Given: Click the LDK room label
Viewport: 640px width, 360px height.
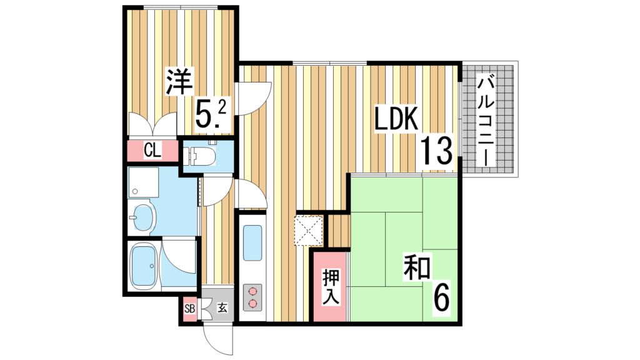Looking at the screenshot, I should click(x=395, y=119).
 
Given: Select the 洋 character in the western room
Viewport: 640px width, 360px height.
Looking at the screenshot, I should click(x=179, y=82).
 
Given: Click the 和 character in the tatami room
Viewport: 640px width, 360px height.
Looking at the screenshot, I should click(x=417, y=267).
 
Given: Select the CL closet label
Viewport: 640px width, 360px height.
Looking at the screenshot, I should click(x=152, y=150).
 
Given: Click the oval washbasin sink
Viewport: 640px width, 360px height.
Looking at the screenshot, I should click(x=143, y=218).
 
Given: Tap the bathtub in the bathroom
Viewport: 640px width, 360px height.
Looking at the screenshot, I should click(x=146, y=265).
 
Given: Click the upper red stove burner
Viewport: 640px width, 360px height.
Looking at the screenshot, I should click(x=252, y=291).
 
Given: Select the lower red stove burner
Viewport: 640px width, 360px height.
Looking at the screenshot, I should click(x=252, y=304).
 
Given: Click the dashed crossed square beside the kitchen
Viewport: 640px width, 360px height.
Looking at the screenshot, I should click(x=309, y=229).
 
